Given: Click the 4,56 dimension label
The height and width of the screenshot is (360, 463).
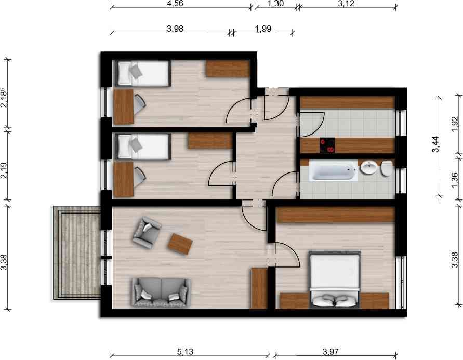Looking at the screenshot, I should [174, 4].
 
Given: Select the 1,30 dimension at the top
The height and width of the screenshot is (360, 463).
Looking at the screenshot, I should [275, 4].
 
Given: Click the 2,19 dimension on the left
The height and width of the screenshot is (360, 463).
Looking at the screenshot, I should [4, 171].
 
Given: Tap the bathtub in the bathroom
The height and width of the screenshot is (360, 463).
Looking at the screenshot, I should [334, 171].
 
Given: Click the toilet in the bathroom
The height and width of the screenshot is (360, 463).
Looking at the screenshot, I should [386, 168].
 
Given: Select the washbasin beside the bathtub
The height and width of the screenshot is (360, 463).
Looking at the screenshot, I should [368, 168].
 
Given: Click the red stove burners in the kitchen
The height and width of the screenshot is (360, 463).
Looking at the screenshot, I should [327, 145].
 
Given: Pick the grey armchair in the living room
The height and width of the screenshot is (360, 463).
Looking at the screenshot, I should [147, 232].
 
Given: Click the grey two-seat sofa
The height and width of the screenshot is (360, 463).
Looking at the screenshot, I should [161, 291].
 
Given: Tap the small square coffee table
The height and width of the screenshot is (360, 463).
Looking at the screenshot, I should [181, 243].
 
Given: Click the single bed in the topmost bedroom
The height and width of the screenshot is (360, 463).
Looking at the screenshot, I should [143, 73].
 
